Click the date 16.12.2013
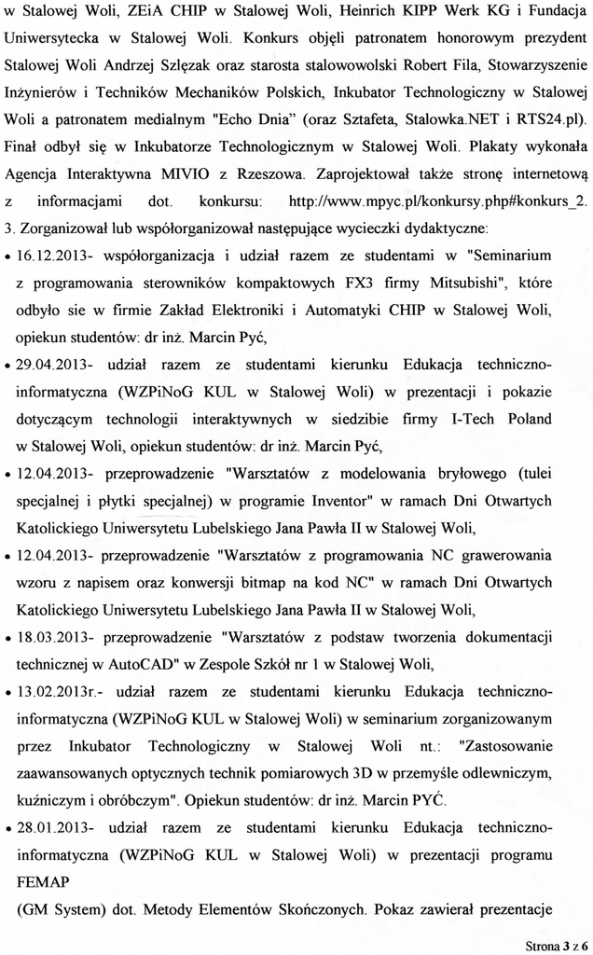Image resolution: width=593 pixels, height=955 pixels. (51, 254)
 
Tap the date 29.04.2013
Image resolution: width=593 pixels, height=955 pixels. (51, 361)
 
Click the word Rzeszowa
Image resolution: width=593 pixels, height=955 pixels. (268, 173)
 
